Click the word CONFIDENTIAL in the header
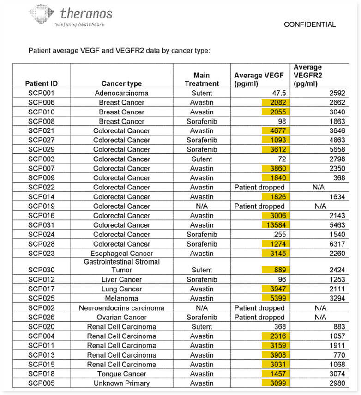pyautogui.click(x=310, y=24)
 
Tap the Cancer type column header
pyautogui.click(x=121, y=83)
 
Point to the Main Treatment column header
pyautogui.click(x=202, y=79)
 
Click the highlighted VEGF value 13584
pyautogui.click(x=276, y=225)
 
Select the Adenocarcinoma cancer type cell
pyautogui.click(x=121, y=93)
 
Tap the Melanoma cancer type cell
pyautogui.click(x=121, y=298)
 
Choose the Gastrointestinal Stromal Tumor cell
pyautogui.click(x=121, y=265)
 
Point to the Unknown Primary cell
pyautogui.click(x=121, y=383)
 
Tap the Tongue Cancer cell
pyautogui.click(x=121, y=374)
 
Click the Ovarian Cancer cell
pyautogui.click(x=121, y=317)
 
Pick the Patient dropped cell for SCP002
pyautogui.click(x=259, y=308)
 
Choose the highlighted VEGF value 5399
pyautogui.click(x=276, y=298)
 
